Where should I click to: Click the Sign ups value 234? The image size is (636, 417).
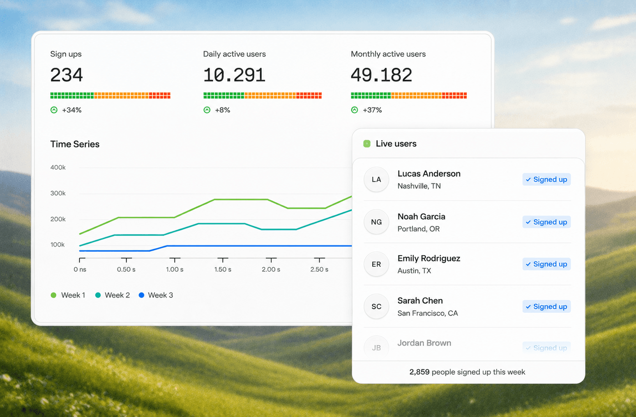(67, 75)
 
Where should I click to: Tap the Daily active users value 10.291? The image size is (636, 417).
(234, 75)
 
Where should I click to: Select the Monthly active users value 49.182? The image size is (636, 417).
(381, 75)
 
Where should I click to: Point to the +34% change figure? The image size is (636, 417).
(72, 110)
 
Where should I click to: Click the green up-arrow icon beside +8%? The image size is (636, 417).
(207, 110)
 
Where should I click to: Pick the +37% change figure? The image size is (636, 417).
(372, 110)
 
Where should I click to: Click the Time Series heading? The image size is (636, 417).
(75, 144)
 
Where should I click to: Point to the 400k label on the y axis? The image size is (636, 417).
(58, 167)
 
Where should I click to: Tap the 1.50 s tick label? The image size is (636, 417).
(223, 269)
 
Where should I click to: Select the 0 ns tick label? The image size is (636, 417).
(80, 269)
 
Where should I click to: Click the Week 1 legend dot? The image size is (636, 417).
(53, 295)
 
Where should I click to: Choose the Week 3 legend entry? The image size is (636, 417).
(156, 295)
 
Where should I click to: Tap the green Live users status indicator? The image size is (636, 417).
(367, 144)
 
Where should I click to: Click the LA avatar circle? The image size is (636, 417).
(376, 179)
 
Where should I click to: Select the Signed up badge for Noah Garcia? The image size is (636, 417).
(546, 222)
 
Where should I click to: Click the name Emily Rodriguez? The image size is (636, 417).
(429, 259)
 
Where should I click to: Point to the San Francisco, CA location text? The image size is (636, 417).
(428, 313)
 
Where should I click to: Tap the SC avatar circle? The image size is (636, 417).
(376, 306)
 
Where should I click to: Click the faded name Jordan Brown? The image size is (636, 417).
(424, 343)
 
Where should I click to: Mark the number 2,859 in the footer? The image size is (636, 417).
(419, 372)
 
